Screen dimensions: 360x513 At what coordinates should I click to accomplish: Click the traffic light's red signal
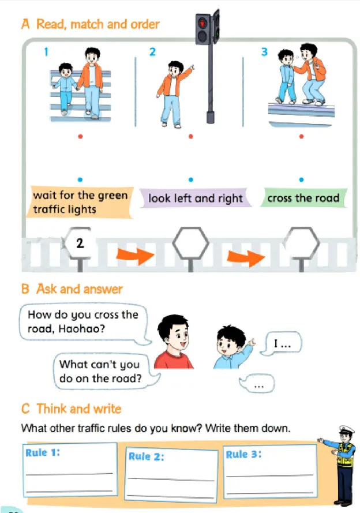(x=202, y=23)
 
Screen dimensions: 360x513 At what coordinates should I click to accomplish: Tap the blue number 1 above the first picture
(x=46, y=52)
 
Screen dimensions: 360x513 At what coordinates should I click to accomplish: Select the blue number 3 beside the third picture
(x=264, y=52)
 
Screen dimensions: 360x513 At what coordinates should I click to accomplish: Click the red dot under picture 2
(x=191, y=136)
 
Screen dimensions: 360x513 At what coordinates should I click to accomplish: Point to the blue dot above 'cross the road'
(x=302, y=179)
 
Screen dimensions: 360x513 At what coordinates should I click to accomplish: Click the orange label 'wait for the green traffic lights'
(x=80, y=202)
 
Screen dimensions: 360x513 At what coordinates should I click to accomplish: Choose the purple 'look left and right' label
(x=196, y=198)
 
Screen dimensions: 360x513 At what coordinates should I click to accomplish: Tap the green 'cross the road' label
(x=303, y=198)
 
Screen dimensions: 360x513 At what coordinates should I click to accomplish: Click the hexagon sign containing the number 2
(x=80, y=243)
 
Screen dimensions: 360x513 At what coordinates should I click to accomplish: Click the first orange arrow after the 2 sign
(x=136, y=256)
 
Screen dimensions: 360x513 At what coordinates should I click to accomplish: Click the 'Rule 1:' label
(x=43, y=452)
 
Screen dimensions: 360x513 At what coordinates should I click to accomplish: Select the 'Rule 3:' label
(x=243, y=454)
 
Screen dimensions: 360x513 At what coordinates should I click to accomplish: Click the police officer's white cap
(x=346, y=429)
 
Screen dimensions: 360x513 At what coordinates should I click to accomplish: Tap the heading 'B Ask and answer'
(x=72, y=289)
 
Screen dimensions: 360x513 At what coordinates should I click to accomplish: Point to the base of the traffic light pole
(x=210, y=117)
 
